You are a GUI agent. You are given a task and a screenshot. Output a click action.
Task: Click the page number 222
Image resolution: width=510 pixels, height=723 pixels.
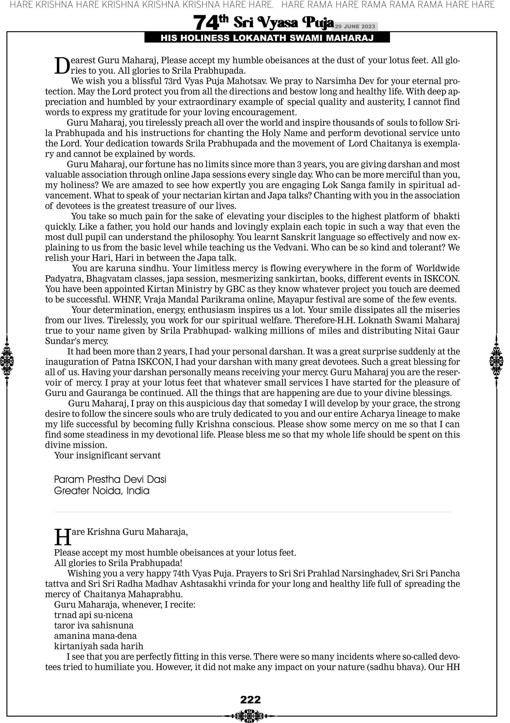[x=250, y=700]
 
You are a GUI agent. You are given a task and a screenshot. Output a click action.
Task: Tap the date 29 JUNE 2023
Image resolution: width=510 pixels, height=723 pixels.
[x=355, y=26]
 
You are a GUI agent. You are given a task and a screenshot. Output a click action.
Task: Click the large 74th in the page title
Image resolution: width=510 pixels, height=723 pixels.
[x=210, y=22]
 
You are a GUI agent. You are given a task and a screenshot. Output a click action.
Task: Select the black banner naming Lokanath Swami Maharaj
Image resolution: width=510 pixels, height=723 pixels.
[x=267, y=38]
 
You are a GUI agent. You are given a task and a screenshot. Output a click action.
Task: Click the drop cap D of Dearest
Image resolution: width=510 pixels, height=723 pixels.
[x=62, y=66]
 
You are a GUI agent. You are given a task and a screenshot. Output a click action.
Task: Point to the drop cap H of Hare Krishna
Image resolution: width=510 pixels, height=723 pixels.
[x=62, y=537]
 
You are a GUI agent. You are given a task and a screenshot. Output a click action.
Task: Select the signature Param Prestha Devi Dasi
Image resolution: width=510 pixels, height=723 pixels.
[x=110, y=479]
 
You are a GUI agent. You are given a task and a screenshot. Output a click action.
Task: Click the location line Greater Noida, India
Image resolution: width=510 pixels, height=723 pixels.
[x=102, y=490]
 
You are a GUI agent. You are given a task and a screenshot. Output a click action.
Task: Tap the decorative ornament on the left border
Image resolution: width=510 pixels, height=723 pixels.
[x=7, y=361]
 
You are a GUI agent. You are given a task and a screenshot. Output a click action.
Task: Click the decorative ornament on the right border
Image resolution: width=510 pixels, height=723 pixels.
[x=496, y=361]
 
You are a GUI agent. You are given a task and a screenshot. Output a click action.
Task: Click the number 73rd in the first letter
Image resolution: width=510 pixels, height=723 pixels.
[x=172, y=81]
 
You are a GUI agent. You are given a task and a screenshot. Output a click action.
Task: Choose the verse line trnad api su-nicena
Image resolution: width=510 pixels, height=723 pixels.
[x=93, y=615]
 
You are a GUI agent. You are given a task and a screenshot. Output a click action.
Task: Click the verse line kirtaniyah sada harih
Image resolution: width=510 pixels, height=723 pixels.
[x=98, y=646]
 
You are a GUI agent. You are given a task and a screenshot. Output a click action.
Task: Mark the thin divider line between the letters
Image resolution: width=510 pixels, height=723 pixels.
[x=252, y=512]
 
